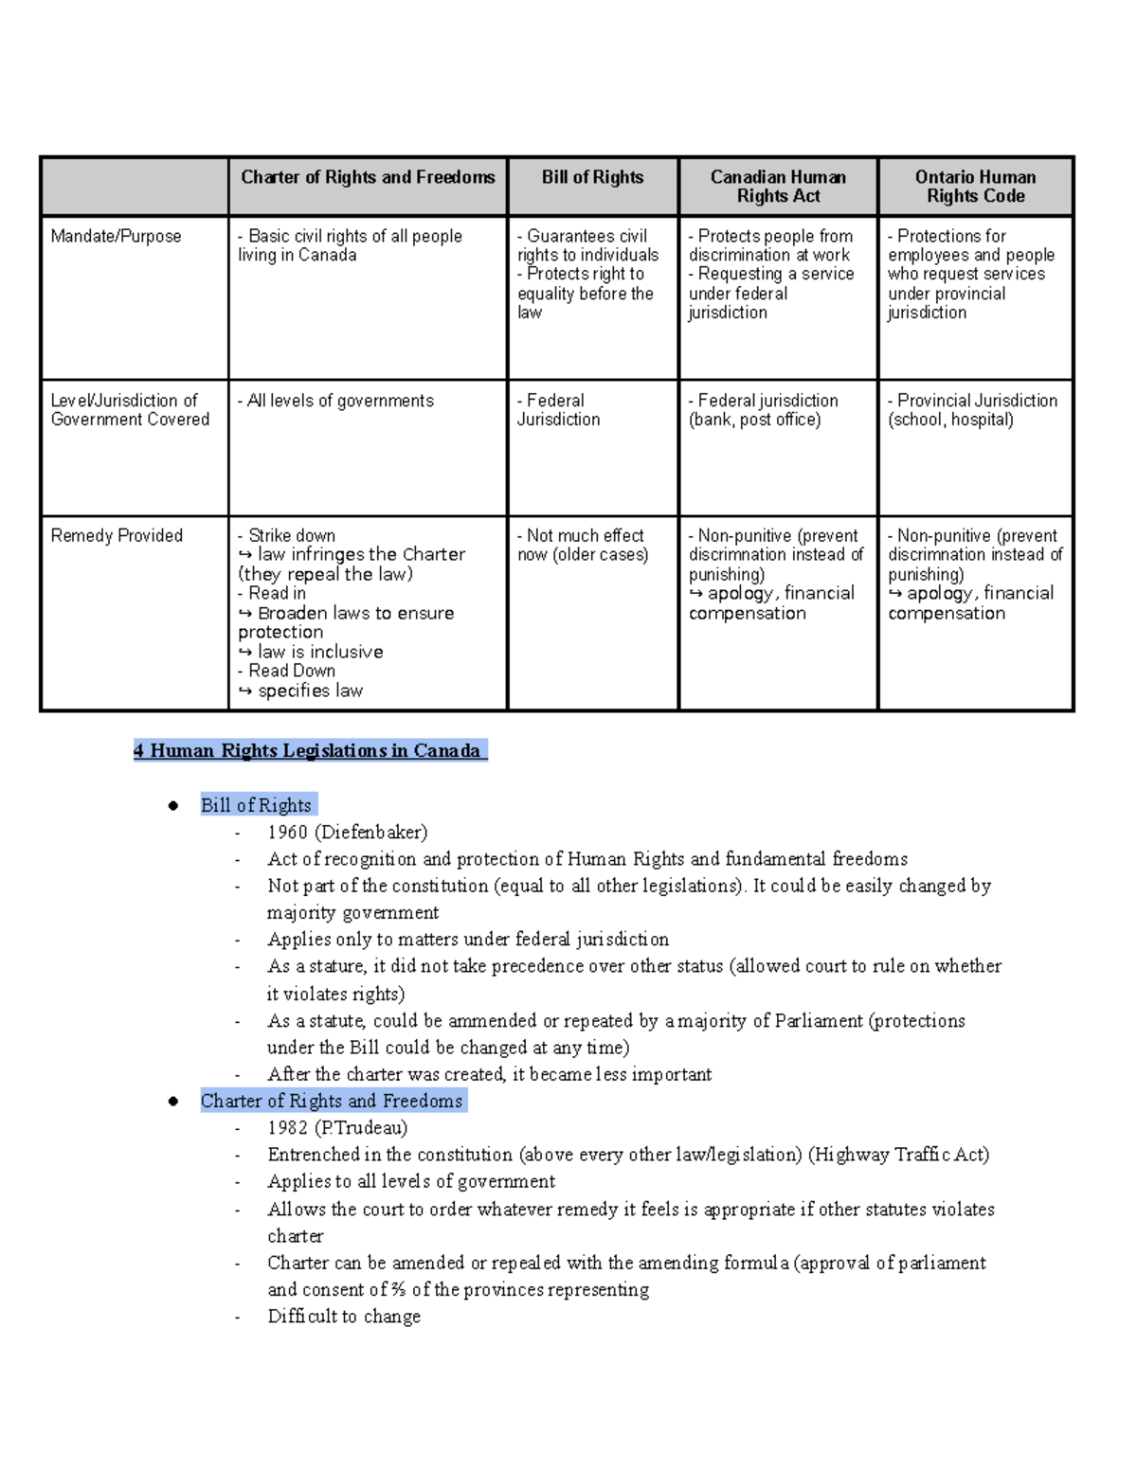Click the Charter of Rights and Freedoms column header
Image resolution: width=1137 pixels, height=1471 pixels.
click(x=368, y=177)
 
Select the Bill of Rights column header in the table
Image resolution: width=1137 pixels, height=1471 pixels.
click(x=592, y=177)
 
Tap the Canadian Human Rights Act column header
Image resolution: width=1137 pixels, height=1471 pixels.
click(x=778, y=187)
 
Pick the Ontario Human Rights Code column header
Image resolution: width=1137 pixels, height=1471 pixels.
click(x=975, y=187)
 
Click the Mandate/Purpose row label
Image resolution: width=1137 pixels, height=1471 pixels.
click(x=116, y=236)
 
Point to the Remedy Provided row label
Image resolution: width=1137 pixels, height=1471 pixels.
click(x=117, y=535)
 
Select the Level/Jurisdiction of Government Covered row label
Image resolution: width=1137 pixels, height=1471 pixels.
click(x=130, y=410)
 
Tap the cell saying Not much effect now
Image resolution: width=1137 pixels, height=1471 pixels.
click(x=583, y=545)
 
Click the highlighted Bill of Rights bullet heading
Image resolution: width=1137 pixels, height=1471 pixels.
click(x=256, y=805)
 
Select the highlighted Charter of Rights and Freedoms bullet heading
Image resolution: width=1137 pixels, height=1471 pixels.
click(x=332, y=1101)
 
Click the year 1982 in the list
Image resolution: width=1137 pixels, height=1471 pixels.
click(x=287, y=1127)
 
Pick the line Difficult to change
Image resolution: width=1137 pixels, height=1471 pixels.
click(x=344, y=1316)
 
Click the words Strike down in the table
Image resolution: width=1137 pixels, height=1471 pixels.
click(x=291, y=535)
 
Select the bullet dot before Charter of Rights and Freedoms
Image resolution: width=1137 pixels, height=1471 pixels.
click(x=173, y=1101)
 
